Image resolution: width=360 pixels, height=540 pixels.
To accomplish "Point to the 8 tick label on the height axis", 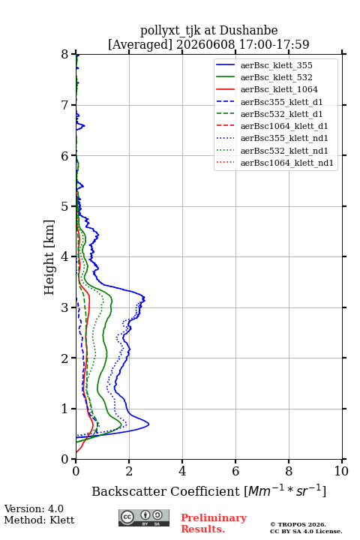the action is click(65, 55).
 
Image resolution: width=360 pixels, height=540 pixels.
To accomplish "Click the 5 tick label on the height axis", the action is click(65, 207).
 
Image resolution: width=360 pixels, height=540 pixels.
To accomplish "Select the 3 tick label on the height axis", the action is click(65, 307).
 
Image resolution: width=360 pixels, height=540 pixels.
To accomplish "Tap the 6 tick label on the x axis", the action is click(235, 471).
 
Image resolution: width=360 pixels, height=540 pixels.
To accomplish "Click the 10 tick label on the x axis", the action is click(341, 471).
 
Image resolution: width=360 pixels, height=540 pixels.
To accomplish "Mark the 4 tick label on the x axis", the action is click(182, 471).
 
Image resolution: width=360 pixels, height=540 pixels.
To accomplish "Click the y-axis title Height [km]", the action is click(49, 257).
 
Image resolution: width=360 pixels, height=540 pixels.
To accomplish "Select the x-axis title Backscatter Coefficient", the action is click(165, 491).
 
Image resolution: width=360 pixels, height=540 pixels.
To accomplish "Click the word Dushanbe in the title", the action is click(249, 31).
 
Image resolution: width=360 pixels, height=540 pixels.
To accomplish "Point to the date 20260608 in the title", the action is click(206, 44).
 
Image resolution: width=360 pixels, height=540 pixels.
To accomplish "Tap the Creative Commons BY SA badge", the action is click(144, 517).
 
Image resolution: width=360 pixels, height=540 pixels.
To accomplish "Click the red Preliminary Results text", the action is click(214, 523).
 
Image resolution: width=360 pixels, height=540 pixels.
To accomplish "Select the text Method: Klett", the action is click(39, 520).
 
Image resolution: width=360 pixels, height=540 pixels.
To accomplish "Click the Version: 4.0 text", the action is click(34, 508).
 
